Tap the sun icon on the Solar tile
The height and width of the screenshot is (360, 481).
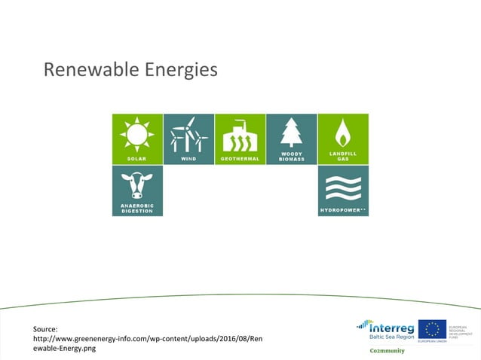[x=136, y=135]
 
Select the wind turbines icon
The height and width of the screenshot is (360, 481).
[x=188, y=135]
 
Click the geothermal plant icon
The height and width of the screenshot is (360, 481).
[x=240, y=136]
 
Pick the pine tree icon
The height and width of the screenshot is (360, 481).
[x=291, y=133]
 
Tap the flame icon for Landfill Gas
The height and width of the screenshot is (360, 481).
[x=342, y=133]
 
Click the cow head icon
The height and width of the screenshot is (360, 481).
[x=136, y=185]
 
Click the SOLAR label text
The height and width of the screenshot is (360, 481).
[x=136, y=160]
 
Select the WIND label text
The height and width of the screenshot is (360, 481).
[x=188, y=160]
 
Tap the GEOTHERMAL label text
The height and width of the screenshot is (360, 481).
[x=240, y=160]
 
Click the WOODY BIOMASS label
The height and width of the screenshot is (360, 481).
[x=291, y=157]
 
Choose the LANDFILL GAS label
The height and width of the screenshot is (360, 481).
[x=342, y=157]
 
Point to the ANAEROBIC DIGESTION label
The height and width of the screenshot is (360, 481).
[x=136, y=209]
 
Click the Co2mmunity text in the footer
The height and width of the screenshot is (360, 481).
[x=387, y=350]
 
